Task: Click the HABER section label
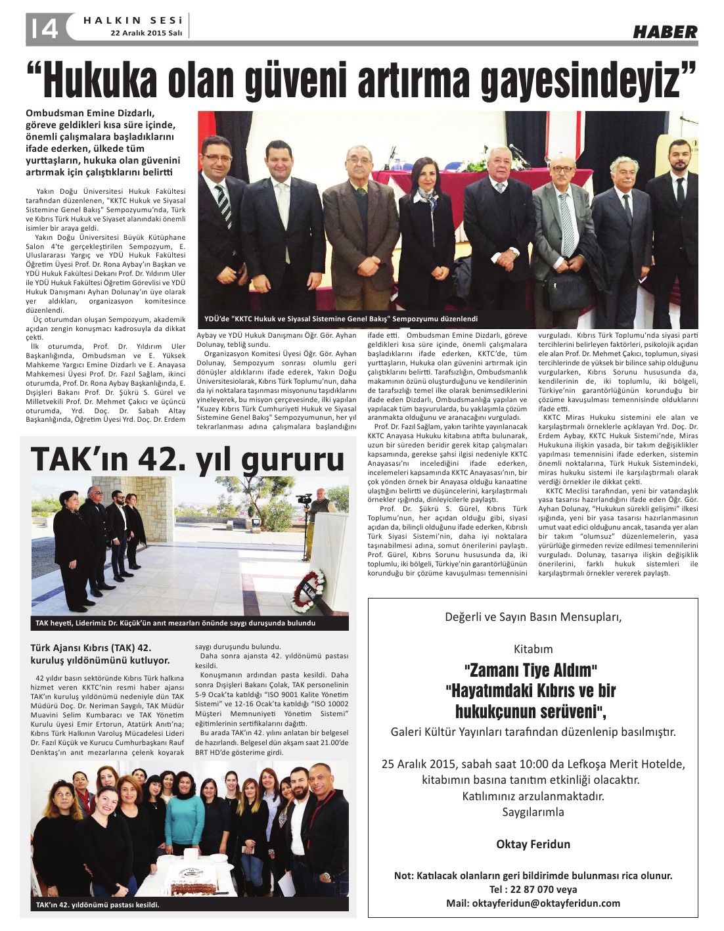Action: tap(665, 32)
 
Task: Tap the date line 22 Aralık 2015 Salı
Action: tap(146, 33)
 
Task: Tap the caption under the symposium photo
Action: tap(341, 319)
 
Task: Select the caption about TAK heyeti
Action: tap(175, 623)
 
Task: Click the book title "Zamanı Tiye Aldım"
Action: tap(530, 670)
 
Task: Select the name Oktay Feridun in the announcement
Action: tap(533, 844)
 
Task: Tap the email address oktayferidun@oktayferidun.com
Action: tap(533, 903)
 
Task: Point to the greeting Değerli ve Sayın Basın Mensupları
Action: tap(533, 617)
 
